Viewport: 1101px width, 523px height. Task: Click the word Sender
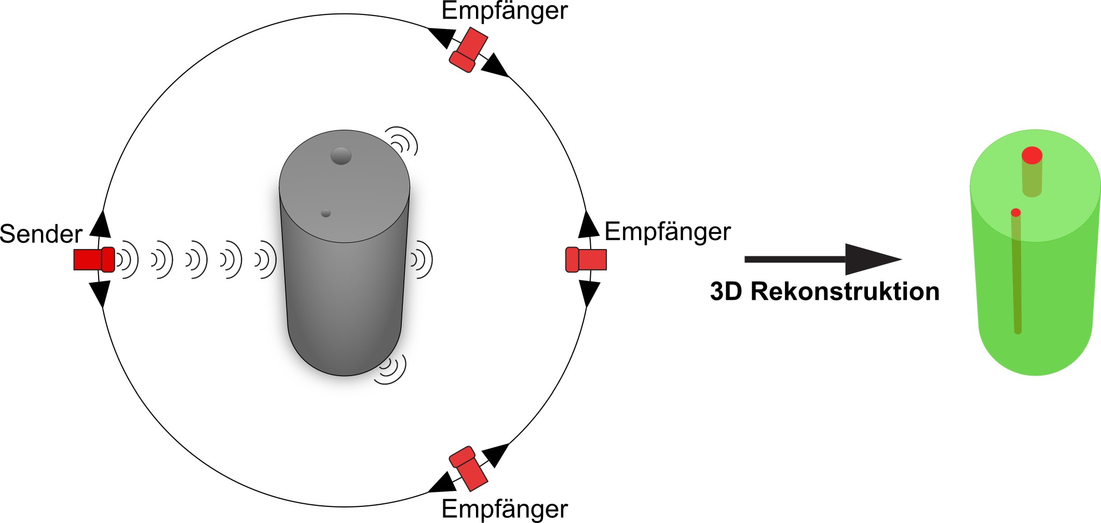pos(41,234)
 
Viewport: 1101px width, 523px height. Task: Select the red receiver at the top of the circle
pos(468,50)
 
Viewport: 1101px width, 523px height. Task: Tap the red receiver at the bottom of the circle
pos(469,469)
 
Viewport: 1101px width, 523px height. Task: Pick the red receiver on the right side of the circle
pos(586,259)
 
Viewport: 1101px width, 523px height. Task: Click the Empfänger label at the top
pos(505,11)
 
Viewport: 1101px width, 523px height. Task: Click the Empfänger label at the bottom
pos(505,509)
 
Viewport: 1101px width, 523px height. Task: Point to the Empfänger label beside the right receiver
pos(668,232)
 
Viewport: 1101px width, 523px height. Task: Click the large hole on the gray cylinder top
pos(341,156)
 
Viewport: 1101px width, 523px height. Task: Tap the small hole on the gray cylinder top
pos(325,213)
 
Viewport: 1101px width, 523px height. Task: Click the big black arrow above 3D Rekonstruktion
pos(822,259)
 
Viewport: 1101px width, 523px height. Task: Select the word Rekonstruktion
pos(845,292)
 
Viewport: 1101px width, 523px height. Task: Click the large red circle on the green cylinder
pos(1032,155)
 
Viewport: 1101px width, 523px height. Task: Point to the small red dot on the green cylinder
pos(1016,212)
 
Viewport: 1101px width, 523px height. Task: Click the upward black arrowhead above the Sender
pos(101,224)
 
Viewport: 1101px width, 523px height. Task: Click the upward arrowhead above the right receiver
pos(589,225)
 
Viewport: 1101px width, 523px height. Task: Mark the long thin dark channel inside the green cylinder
pos(1016,275)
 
